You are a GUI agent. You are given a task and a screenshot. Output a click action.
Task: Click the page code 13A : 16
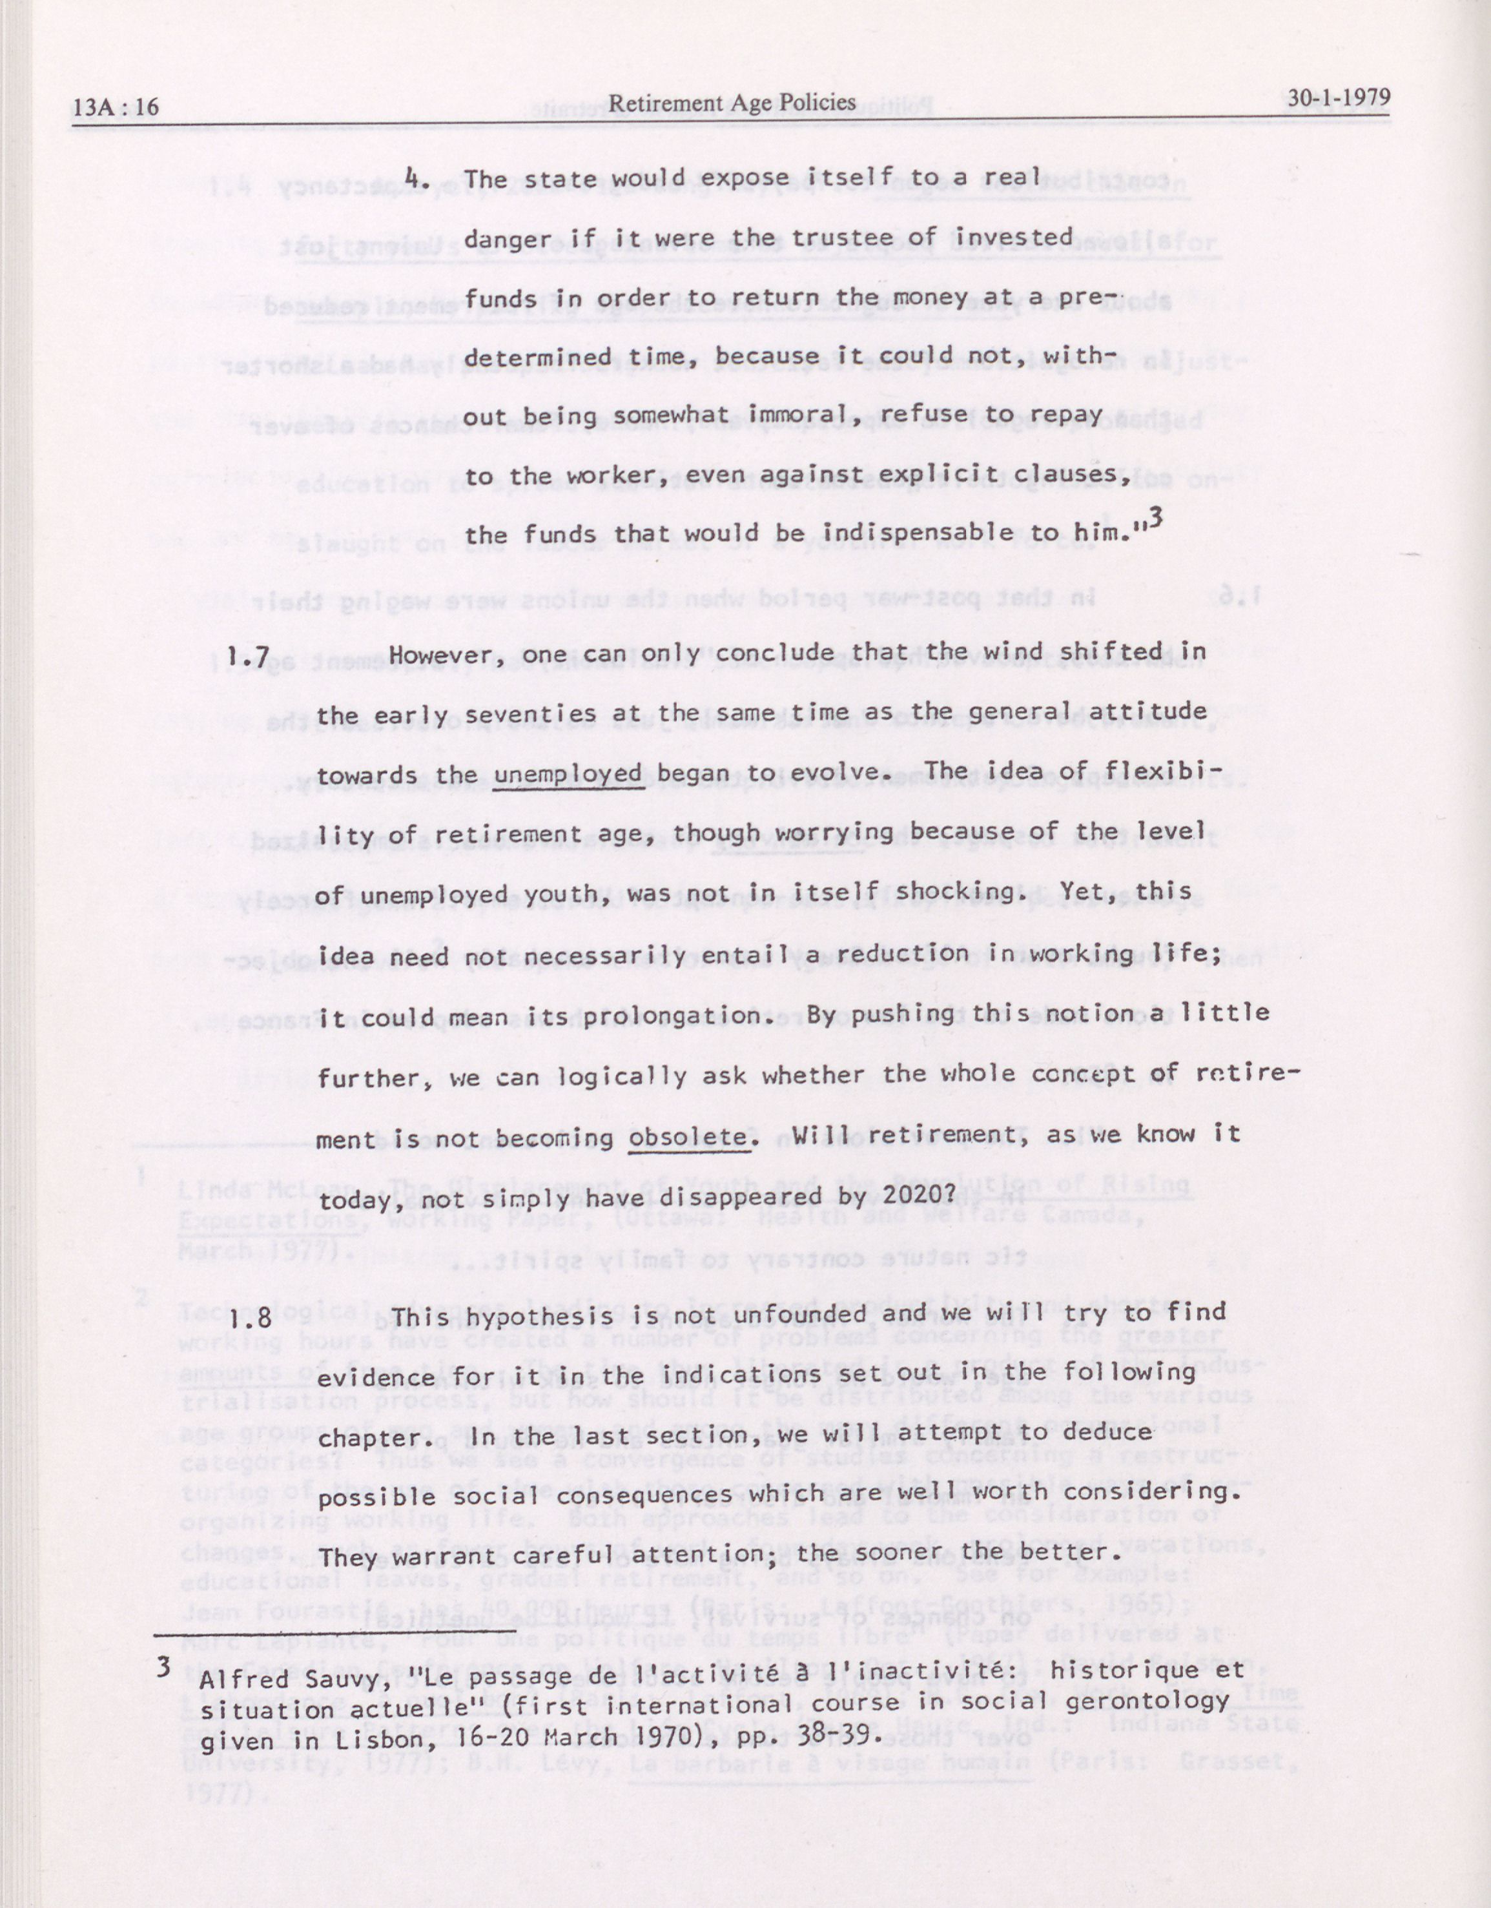coord(117,107)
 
